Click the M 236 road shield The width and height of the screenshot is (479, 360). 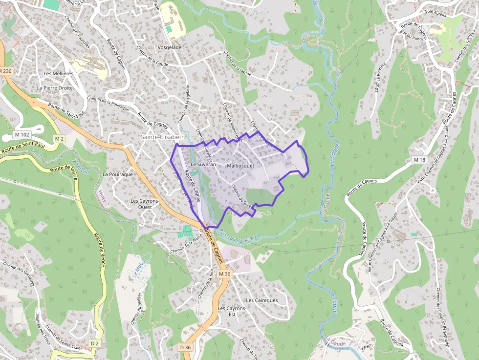pyautogui.click(x=5, y=71)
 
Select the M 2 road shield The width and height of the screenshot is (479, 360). pyautogui.click(x=59, y=139)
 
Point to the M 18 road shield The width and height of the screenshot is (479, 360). pyautogui.click(x=419, y=160)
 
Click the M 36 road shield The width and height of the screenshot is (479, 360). pyautogui.click(x=224, y=274)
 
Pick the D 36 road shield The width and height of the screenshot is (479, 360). pyautogui.click(x=185, y=347)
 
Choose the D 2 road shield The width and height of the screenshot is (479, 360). pyautogui.click(x=95, y=344)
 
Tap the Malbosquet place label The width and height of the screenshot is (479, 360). pyautogui.click(x=240, y=166)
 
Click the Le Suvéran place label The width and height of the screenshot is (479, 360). pyautogui.click(x=203, y=165)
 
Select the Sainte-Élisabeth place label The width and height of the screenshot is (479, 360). pyautogui.click(x=163, y=137)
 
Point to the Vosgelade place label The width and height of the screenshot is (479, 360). pyautogui.click(x=170, y=47)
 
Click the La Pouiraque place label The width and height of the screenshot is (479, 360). pyautogui.click(x=118, y=174)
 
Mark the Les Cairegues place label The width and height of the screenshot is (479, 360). pyautogui.click(x=262, y=300)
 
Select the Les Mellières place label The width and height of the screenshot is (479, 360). pyautogui.click(x=58, y=73)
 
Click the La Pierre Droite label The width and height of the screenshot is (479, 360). pyautogui.click(x=55, y=88)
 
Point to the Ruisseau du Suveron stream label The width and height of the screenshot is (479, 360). pyautogui.click(x=239, y=235)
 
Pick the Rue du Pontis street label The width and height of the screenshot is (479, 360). pyautogui.click(x=411, y=35)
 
